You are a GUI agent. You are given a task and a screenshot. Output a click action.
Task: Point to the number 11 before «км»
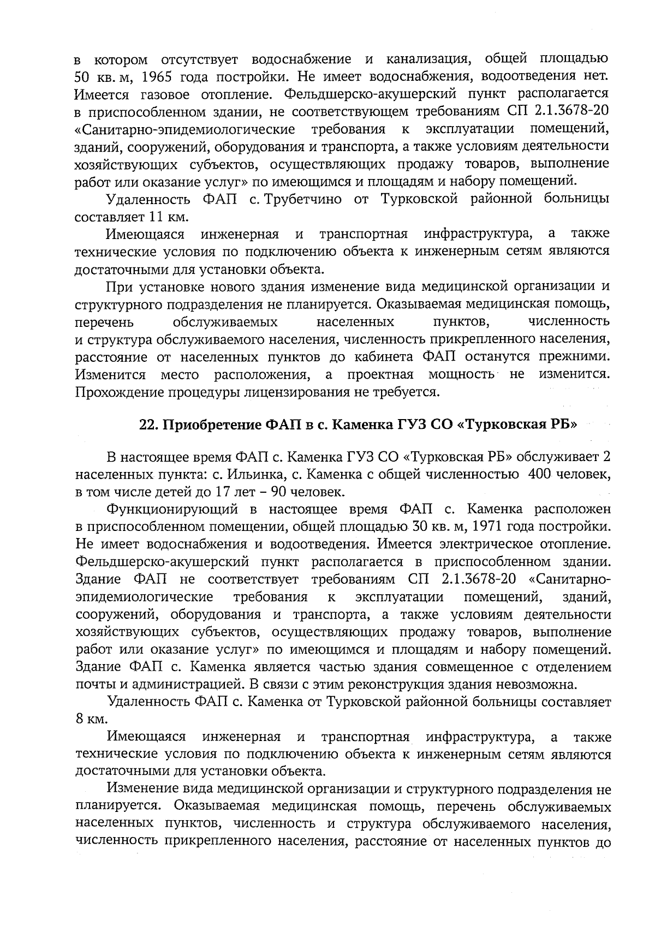tap(154, 217)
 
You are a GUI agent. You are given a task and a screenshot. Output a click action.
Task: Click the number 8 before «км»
tap(80, 720)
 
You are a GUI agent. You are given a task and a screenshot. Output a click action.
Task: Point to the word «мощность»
tap(461, 375)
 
